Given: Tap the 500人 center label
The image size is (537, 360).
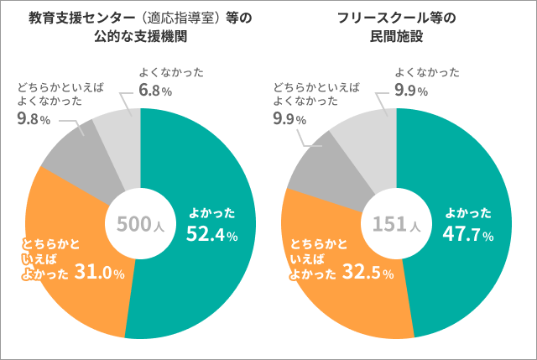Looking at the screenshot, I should pos(138,224).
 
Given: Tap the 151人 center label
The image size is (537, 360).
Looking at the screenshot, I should pos(395,224).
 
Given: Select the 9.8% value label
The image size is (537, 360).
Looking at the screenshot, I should pos(34,119).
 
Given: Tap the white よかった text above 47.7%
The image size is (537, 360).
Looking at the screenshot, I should pos(467,213).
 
